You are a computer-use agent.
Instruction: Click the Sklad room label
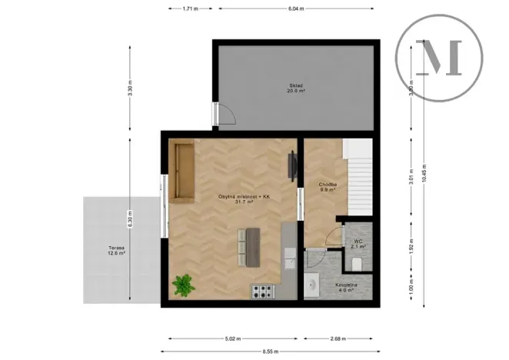pyautogui.click(x=297, y=87)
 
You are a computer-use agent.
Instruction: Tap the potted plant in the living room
pyautogui.click(x=183, y=285)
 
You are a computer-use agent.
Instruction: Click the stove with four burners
pyautogui.click(x=263, y=292)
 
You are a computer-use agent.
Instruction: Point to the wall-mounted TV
pyautogui.click(x=291, y=166)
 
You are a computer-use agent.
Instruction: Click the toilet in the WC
pyautogui.click(x=354, y=264)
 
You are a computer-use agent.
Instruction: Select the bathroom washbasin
pyautogui.click(x=313, y=285)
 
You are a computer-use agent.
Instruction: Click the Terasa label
pyautogui.click(x=117, y=249)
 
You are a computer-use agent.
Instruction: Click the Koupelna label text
pyautogui.click(x=345, y=286)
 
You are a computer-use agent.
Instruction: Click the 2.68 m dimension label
pyautogui.click(x=337, y=338)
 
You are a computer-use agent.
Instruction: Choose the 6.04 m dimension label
pyautogui.click(x=296, y=8)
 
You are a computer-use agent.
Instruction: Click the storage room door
pyautogui.click(x=225, y=115)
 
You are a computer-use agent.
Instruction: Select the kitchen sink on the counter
pyautogui.click(x=288, y=256)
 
